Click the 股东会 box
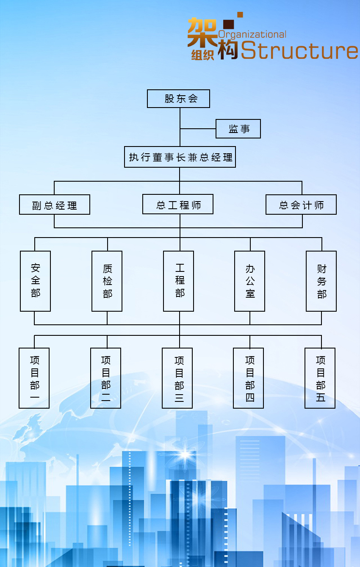(178, 99)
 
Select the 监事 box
(238, 129)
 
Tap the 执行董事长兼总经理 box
(180, 157)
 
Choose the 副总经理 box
(55, 205)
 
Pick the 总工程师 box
(178, 205)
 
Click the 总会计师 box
(301, 205)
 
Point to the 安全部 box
(36, 281)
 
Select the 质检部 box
(107, 281)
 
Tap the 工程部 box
(179, 281)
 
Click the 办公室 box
(250, 281)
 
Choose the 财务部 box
(321, 281)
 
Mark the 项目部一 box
(34, 378)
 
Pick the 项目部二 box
(106, 378)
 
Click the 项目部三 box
(177, 378)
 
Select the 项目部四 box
(249, 378)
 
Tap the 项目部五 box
(320, 378)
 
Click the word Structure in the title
(299, 51)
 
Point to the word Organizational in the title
(252, 34)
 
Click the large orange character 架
(202, 32)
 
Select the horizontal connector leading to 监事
(198, 129)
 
